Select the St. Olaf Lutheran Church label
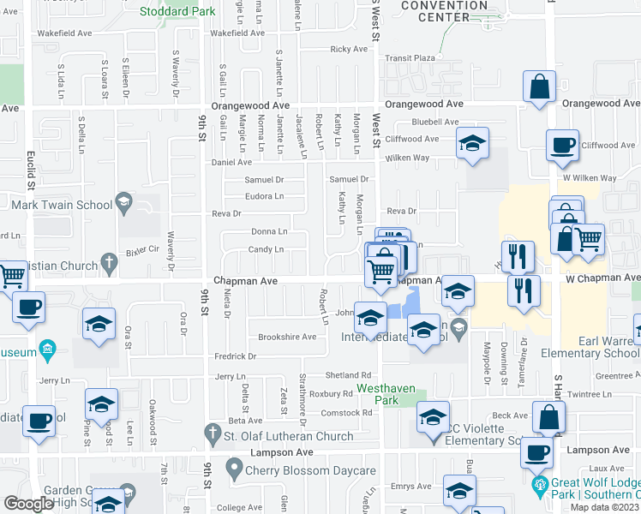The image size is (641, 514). coord(289,436)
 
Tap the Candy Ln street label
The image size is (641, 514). coord(267,249)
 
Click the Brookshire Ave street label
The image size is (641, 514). coord(287,337)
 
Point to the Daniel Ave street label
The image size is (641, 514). coord(231,161)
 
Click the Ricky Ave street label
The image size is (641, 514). coord(348,50)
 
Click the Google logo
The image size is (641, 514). coord(28,504)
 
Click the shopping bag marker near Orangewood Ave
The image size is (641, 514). coord(539,87)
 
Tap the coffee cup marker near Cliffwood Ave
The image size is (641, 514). coord(562,146)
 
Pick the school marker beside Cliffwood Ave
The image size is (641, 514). coord(471,143)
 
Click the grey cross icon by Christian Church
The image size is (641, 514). coord(109,260)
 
